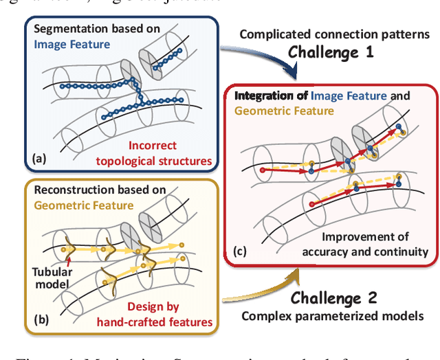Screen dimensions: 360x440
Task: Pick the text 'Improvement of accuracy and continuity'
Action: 365,245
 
